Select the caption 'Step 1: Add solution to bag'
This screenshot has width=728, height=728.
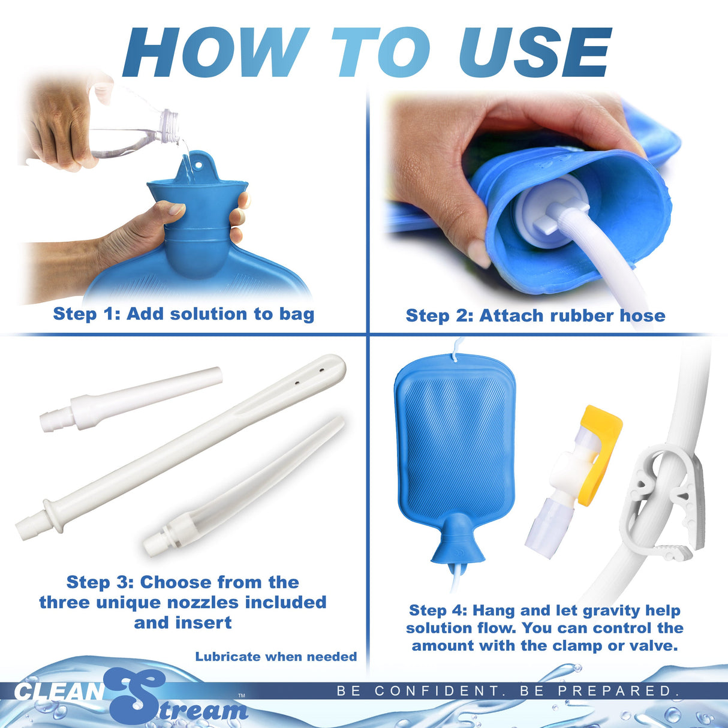coord(183,314)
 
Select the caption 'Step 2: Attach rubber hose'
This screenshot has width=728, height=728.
coord(535,315)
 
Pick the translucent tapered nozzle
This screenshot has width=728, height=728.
coord(246,486)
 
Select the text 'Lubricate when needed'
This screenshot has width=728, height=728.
coord(276,657)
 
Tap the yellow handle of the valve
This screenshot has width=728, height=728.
coord(603,444)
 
